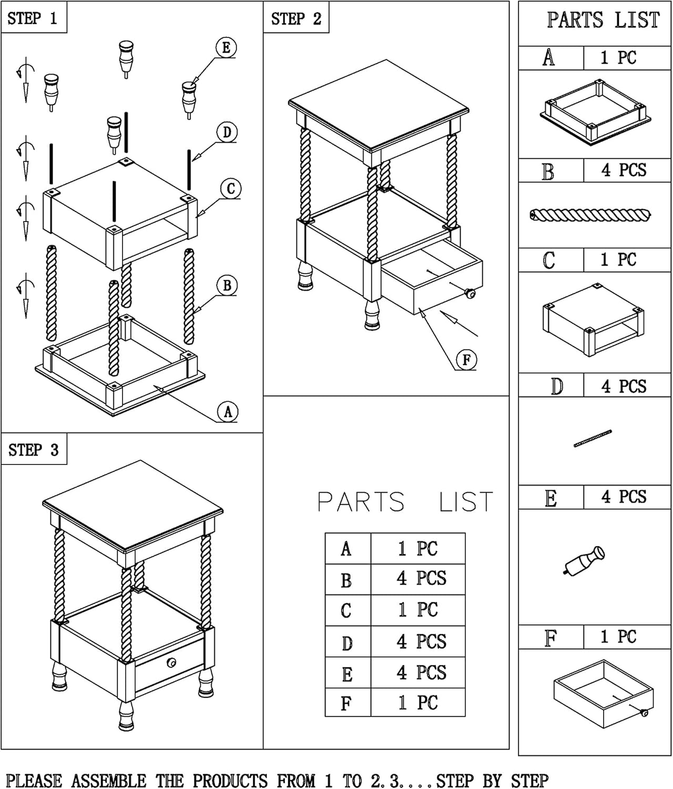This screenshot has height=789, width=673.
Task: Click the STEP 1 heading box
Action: pos(34,18)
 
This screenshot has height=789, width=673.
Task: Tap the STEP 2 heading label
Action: pos(296,19)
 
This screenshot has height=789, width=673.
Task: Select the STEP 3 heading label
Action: pos(34,450)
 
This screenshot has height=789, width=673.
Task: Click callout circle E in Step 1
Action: pos(226,48)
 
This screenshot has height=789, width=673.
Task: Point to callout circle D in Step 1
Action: pos(227,132)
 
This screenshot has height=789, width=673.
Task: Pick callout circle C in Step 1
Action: pos(231,189)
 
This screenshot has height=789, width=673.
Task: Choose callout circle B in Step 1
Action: pos(227,286)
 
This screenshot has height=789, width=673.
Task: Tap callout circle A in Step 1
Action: pos(228,412)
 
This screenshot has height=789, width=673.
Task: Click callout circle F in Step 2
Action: pos(466,360)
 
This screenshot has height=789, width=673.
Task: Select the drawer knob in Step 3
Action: pos(171,662)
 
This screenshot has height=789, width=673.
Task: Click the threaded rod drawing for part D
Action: pos(593,438)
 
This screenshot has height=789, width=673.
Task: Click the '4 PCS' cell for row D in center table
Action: pos(418,642)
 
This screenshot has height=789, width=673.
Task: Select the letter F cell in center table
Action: pos(347,703)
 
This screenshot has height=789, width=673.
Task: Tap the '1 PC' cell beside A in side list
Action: pos(626,58)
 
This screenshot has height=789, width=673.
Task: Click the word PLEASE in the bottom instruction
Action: pos(34,780)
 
